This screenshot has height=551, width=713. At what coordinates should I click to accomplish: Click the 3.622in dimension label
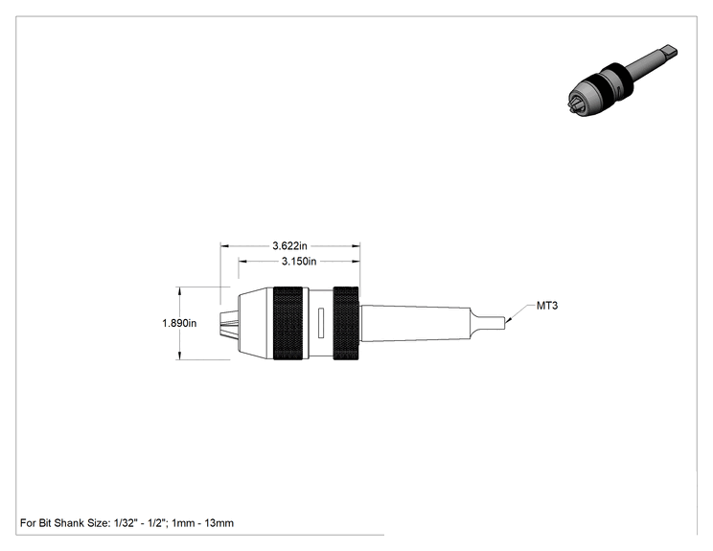coord(289,246)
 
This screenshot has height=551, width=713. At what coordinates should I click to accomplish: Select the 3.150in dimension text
coord(299,262)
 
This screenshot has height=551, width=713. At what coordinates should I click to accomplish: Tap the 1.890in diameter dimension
coord(179,323)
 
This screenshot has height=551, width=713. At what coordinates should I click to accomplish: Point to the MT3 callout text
coord(547,306)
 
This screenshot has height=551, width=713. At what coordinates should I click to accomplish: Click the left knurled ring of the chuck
coord(287,323)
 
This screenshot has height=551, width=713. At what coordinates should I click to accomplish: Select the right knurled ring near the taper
coord(346,323)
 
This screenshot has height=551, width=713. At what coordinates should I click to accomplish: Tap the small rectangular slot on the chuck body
coord(321,323)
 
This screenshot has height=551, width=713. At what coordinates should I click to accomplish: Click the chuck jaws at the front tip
coord(229,323)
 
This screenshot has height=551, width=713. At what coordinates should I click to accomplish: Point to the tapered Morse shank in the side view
coord(416,323)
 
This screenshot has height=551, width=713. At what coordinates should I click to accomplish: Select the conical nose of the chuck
coord(256,323)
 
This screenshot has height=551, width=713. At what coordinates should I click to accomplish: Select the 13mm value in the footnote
coord(218,523)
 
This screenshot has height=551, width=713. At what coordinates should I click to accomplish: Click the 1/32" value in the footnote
coord(125,523)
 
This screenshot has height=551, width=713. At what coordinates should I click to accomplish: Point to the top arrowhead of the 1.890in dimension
coord(180,291)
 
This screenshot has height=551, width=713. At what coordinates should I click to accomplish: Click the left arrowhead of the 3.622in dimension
coord(225,246)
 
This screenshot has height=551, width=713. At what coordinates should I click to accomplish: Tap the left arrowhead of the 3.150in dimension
coord(242,262)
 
